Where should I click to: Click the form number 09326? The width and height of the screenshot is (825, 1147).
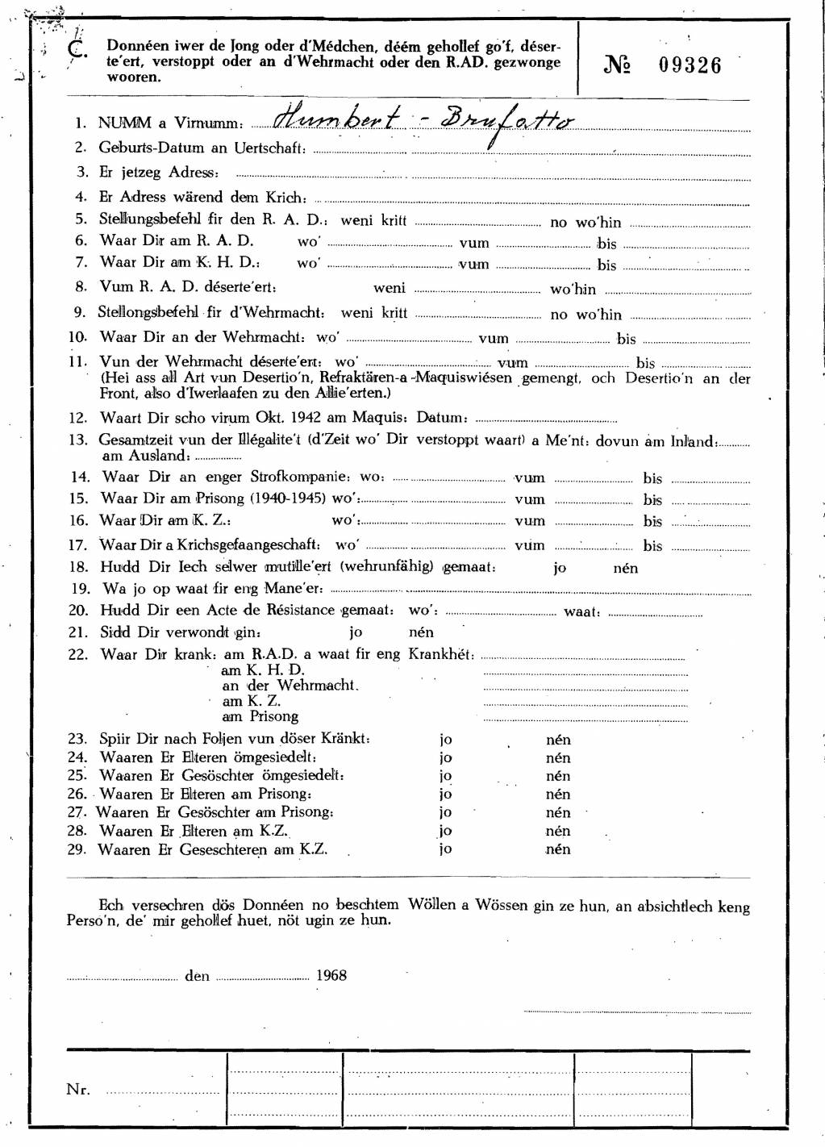point(690,65)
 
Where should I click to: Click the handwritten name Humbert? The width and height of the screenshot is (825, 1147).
point(336,119)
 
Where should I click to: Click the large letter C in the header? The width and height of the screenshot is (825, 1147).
point(77,49)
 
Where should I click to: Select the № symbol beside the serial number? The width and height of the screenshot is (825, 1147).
point(617,65)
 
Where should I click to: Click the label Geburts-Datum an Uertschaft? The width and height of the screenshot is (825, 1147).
point(202,148)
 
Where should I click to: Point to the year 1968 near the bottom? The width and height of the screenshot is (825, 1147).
point(331,975)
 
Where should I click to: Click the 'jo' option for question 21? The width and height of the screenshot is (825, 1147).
point(356,632)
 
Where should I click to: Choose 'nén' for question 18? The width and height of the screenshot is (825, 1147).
point(625,568)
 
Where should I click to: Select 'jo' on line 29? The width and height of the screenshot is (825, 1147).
point(445,849)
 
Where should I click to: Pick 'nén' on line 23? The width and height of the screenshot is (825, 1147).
point(558,739)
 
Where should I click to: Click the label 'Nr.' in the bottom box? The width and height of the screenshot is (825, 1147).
point(77,1090)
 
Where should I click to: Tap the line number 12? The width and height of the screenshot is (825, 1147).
point(77,418)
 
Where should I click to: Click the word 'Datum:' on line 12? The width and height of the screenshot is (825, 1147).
point(442,418)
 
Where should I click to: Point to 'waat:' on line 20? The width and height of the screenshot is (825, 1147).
point(581,611)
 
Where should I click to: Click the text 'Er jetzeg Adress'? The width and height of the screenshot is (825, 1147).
point(158,172)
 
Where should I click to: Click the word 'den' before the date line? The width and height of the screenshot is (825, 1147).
point(197,976)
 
